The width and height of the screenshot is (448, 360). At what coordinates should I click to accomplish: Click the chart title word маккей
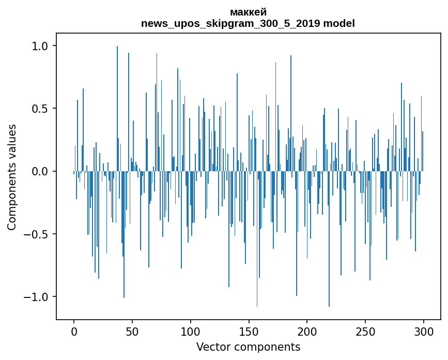(248, 12)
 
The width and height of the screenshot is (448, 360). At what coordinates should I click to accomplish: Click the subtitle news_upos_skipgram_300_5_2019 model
(248, 23)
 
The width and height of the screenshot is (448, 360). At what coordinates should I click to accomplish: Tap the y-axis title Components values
(12, 177)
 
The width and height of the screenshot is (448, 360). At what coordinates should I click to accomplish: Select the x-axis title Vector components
(248, 347)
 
